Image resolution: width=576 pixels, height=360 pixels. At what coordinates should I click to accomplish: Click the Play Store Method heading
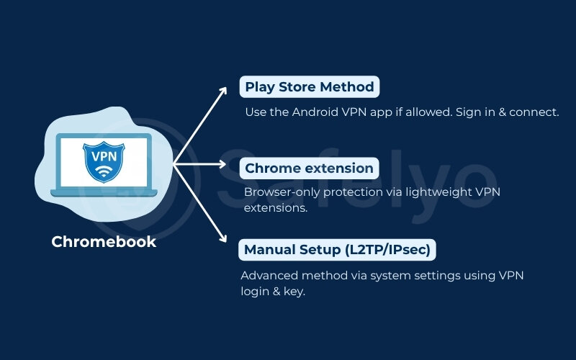310,87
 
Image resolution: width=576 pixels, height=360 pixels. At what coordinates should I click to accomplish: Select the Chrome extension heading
309,168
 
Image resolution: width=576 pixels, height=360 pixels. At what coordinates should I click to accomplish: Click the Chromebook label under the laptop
104,242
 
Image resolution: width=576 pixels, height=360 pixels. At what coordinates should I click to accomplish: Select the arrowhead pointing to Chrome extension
232,163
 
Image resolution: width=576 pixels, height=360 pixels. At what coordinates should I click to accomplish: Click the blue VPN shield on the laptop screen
104,160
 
